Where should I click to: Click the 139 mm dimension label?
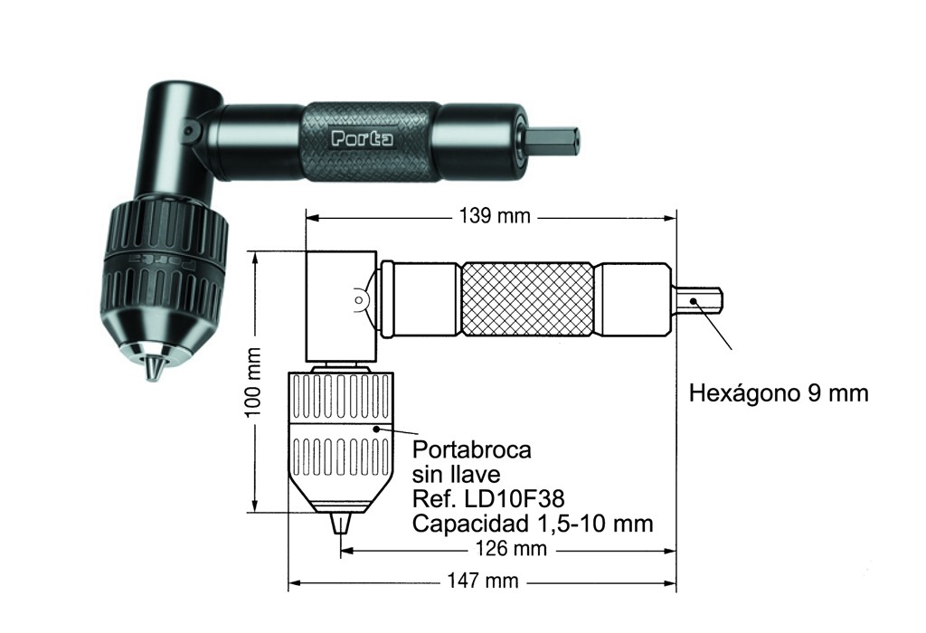495,216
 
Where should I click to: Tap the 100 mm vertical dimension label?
253,382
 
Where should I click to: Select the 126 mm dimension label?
512,549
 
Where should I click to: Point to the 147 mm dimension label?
483,581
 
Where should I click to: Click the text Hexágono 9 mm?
779,393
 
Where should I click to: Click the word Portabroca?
472,450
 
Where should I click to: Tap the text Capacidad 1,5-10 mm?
533,524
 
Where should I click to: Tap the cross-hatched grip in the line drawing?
527,300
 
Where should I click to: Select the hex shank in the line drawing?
700,300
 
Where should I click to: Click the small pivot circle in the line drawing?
358,300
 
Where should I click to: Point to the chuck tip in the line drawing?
339,524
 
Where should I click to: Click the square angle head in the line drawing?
341,306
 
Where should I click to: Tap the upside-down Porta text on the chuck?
163,261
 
